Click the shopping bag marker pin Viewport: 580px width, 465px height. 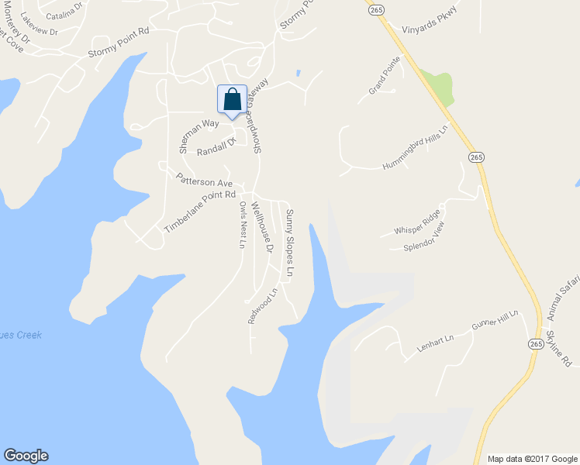pyautogui.click(x=232, y=101)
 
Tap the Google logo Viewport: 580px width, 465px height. pyautogui.click(x=26, y=456)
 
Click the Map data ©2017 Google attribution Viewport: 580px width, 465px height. pyautogui.click(x=532, y=459)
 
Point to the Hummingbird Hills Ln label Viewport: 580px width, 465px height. pyautogui.click(x=416, y=147)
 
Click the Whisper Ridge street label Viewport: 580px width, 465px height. pyautogui.click(x=417, y=222)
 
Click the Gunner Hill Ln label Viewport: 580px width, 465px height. pyautogui.click(x=495, y=322)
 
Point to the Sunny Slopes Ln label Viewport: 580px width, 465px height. pyautogui.click(x=289, y=243)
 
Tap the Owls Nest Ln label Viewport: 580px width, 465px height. pyautogui.click(x=243, y=225)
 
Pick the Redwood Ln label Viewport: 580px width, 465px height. pyautogui.click(x=263, y=307)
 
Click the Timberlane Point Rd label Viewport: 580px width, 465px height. pyautogui.click(x=199, y=212)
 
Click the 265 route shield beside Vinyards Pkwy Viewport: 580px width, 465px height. pyautogui.click(x=376, y=9)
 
